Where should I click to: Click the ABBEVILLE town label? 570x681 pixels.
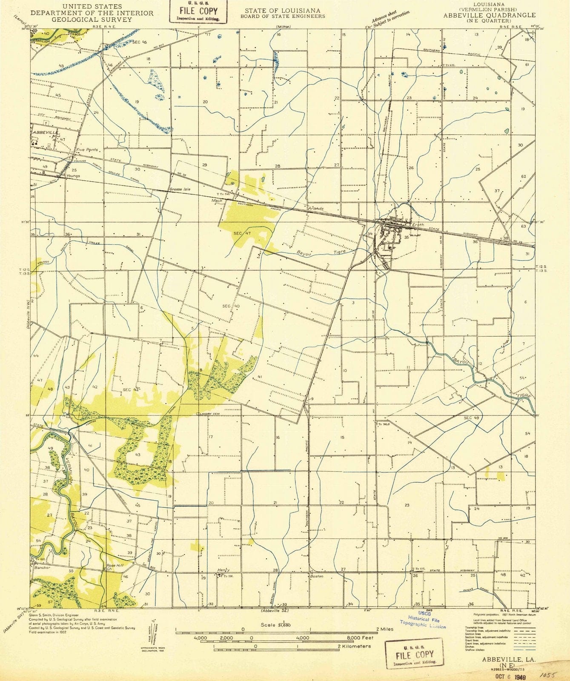45,132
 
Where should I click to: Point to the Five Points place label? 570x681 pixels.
87,150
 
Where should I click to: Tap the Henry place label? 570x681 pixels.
223,570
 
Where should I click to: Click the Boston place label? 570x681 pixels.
317,576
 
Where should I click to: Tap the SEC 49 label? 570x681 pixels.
471,418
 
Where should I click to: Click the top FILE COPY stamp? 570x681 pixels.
199,11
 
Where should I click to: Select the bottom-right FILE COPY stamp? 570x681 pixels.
414,655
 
